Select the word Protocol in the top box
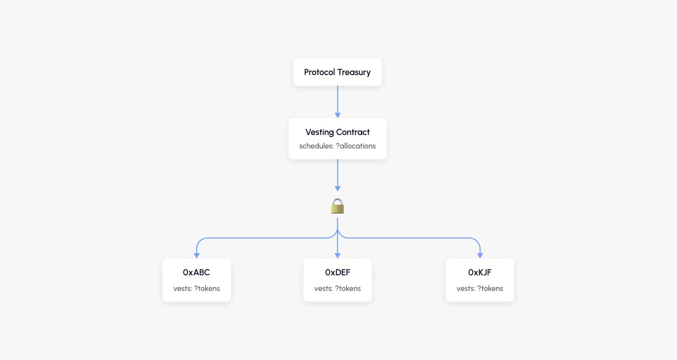coord(319,72)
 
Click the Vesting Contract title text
coord(337,132)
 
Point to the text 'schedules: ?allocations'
coord(337,146)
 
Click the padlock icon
coord(337,206)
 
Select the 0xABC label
coord(197,272)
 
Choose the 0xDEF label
coord(337,272)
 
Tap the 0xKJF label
coord(480,272)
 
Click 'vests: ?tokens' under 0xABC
coord(197,288)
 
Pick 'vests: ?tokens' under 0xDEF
coord(337,288)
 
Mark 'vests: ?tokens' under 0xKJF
coord(480,288)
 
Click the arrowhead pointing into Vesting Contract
coord(337,115)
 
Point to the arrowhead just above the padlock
coord(337,189)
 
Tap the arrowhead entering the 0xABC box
coord(197,256)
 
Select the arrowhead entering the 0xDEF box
coord(337,256)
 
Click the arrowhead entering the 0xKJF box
coord(480,256)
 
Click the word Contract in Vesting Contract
coord(353,132)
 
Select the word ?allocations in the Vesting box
coord(356,146)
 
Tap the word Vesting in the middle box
coord(320,132)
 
